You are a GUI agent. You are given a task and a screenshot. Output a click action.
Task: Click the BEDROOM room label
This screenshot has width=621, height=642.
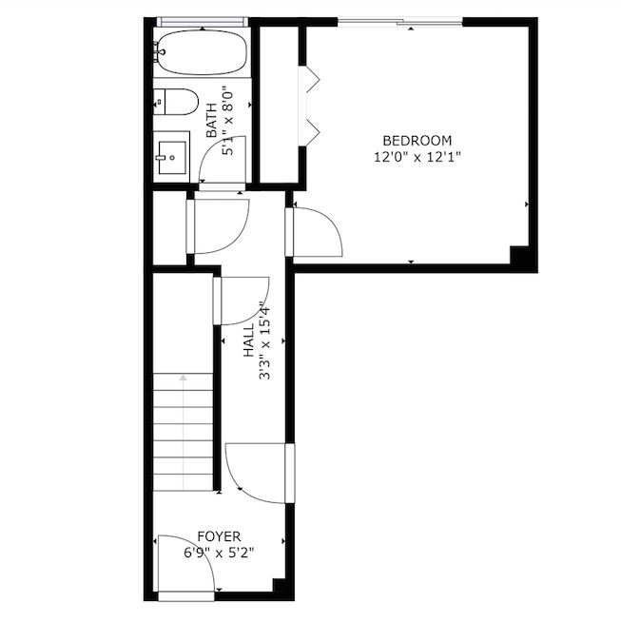click(417, 141)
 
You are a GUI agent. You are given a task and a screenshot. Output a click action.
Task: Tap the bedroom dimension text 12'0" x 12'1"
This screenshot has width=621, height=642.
click(417, 157)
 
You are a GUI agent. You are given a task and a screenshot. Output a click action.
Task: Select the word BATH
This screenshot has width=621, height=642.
click(211, 121)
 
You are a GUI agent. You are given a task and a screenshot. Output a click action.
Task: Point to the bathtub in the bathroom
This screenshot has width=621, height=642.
click(203, 53)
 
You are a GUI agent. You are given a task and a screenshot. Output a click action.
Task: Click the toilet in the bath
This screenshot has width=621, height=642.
click(176, 102)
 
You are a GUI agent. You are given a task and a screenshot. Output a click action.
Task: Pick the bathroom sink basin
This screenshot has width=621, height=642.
click(172, 158)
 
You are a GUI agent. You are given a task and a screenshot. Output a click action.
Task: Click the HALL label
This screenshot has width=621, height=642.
click(249, 341)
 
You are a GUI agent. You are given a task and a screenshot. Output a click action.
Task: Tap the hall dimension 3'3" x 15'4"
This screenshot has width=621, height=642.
click(265, 341)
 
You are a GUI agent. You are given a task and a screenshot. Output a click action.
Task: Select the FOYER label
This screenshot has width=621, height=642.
click(219, 536)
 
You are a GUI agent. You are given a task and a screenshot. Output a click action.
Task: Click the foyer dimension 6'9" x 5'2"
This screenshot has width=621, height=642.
click(219, 554)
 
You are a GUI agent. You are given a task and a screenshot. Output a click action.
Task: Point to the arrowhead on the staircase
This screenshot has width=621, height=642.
click(183, 378)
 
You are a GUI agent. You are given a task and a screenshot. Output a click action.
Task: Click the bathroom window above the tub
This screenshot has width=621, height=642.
click(203, 22)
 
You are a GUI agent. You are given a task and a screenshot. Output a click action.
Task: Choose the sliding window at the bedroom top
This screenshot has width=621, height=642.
click(400, 22)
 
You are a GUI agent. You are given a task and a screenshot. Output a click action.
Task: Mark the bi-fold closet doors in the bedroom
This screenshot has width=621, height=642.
click(309, 106)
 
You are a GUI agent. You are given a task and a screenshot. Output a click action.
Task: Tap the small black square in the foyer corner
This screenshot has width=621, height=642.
click(280, 585)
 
